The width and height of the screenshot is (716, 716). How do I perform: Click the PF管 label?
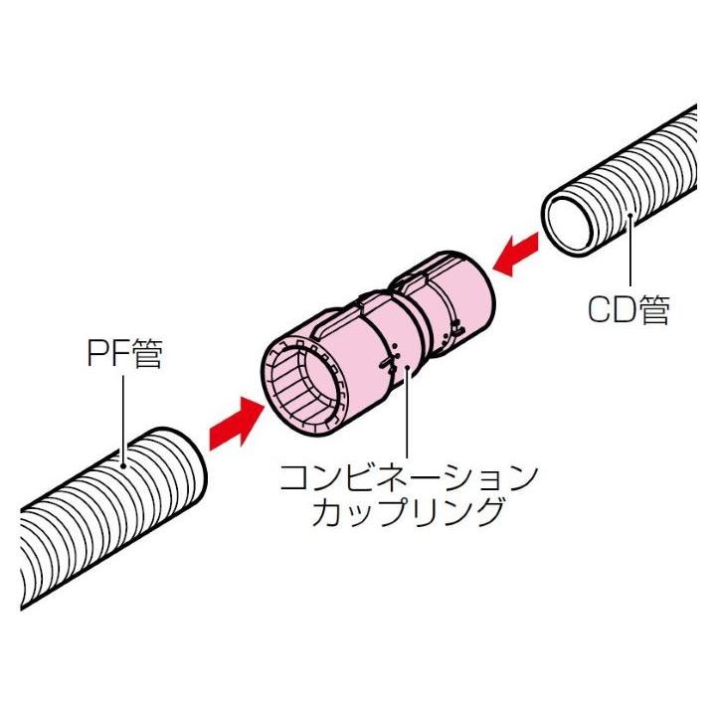coord(122,355)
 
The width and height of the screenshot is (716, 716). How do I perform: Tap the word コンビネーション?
coord(408,478)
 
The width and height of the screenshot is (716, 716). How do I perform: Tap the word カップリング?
coord(406,515)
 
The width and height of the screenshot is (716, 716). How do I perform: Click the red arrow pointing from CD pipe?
coord(517,256)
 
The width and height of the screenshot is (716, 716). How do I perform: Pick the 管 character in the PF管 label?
coord(145,355)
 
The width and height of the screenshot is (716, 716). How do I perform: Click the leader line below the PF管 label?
coord(122,418)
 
